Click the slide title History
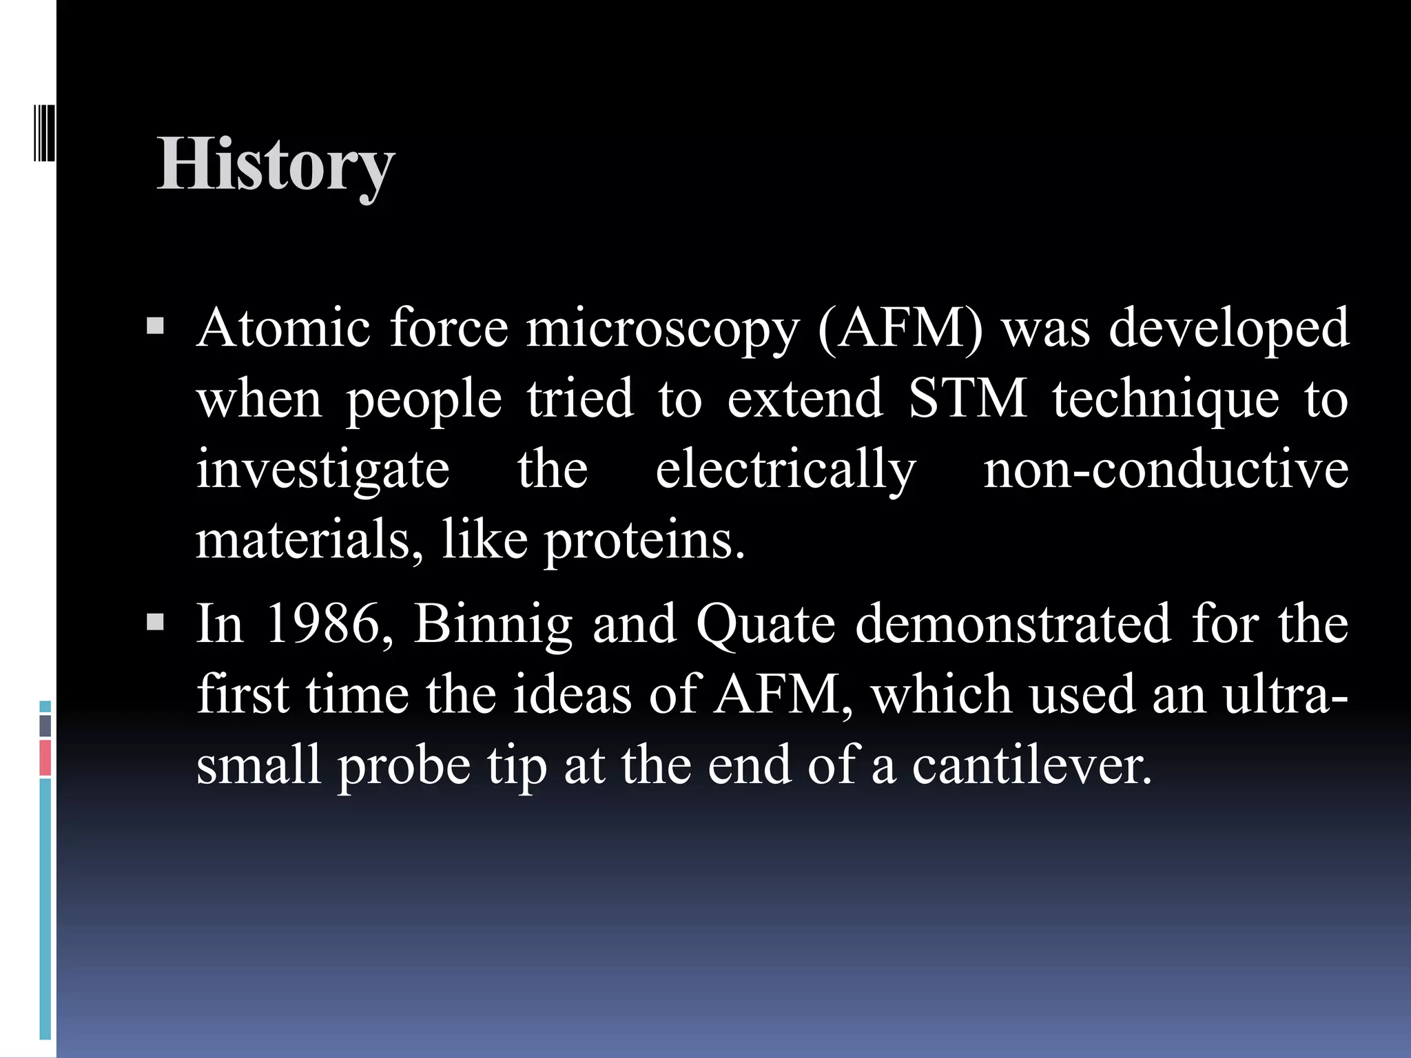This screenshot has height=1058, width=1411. coord(276,165)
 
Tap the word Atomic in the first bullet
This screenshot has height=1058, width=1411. coord(283,328)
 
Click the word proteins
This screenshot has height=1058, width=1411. coord(644,541)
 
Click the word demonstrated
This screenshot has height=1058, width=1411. coord(1013,624)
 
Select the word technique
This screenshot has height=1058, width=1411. coord(1165,400)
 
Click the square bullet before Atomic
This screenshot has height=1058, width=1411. coord(156,326)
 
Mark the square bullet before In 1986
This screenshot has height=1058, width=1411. coord(156,623)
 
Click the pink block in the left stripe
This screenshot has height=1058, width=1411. coord(45,758)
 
